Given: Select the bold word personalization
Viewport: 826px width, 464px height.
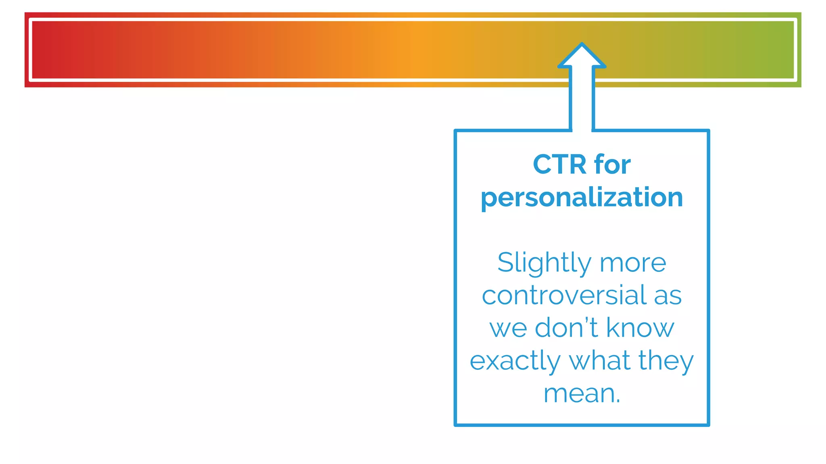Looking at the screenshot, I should pos(582,198).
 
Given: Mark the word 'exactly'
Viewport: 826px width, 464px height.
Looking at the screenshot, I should pos(515,361).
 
